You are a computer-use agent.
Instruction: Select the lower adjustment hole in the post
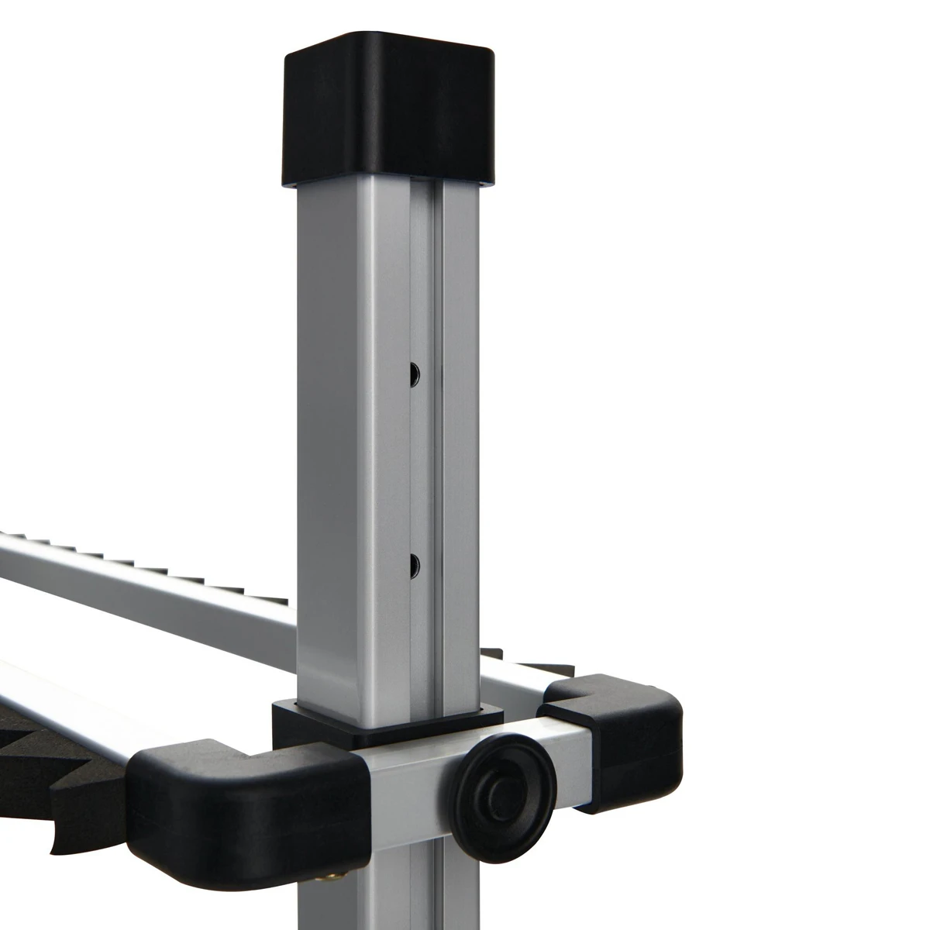(414, 561)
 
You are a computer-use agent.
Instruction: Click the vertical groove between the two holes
(423, 465)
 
